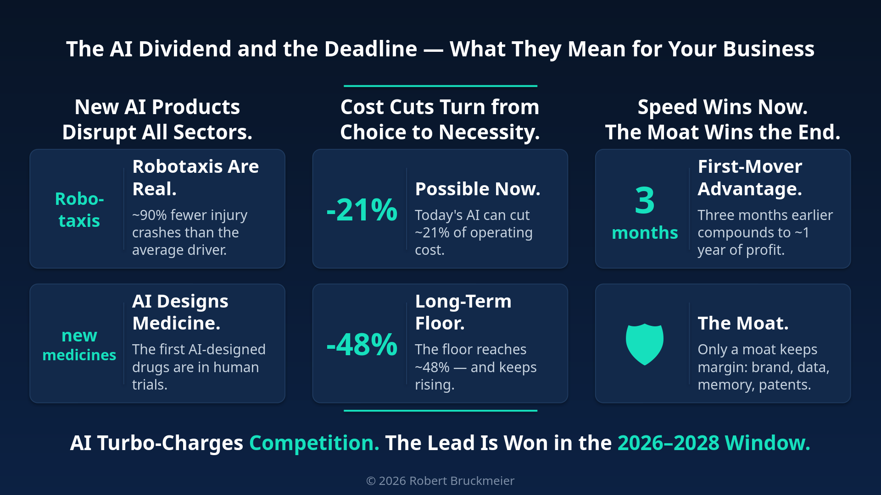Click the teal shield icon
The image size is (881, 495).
[x=645, y=344]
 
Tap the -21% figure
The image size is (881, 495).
[x=362, y=210]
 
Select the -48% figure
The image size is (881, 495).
[x=362, y=344]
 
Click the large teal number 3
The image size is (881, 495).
[x=645, y=200]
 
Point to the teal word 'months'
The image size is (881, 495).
[x=645, y=233]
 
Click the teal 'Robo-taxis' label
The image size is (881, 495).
[x=79, y=210]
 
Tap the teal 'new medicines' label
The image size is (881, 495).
[x=79, y=345]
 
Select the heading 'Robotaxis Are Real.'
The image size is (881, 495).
[x=195, y=178]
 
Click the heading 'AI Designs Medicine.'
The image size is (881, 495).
[x=180, y=312]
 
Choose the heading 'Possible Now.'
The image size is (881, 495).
[x=478, y=189]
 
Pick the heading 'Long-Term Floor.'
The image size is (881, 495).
[x=463, y=312]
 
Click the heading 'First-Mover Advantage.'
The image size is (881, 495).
[x=750, y=178]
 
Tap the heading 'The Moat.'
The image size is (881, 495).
[x=743, y=323]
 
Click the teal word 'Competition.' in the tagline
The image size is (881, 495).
[x=314, y=443]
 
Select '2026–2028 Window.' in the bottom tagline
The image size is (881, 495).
[x=714, y=443]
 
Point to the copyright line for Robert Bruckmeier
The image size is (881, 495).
[x=440, y=481]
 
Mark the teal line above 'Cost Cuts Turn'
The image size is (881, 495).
[x=440, y=86]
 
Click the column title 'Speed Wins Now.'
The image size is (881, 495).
[x=723, y=107]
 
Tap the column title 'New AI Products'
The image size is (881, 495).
[x=157, y=107]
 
